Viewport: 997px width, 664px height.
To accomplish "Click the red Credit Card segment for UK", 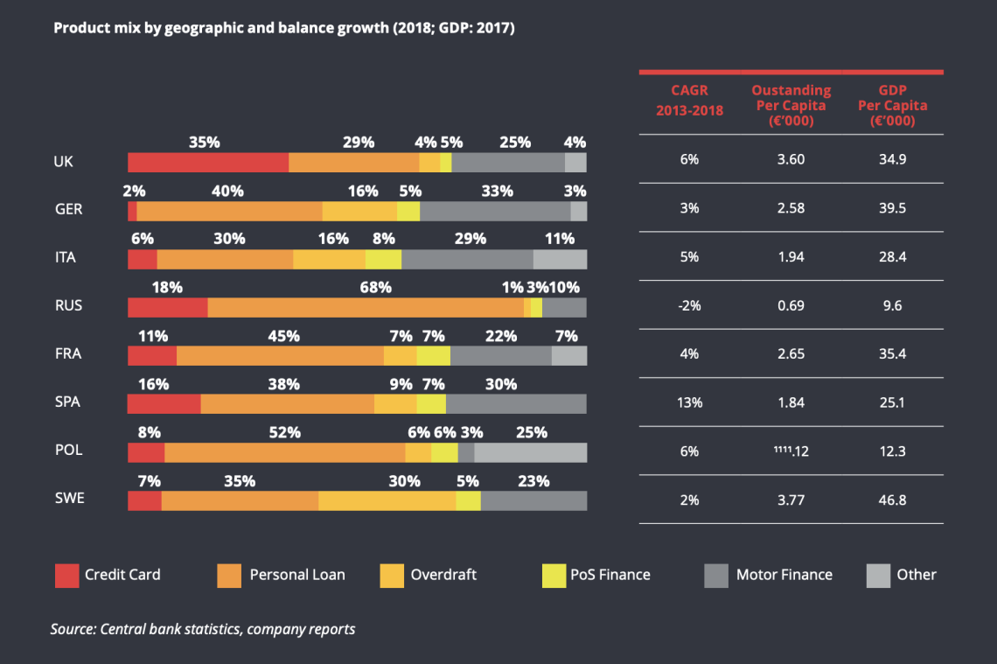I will point(208,162).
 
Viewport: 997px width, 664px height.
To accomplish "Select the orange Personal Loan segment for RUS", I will point(366,307).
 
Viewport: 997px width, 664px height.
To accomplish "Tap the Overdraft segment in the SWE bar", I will point(387,500).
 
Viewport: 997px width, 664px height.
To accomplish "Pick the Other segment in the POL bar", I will point(530,451).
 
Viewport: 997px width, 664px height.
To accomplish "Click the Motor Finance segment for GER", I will point(495,211).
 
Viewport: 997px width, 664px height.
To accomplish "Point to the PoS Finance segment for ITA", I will point(383,259).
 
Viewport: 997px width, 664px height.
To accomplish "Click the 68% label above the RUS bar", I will point(377,287).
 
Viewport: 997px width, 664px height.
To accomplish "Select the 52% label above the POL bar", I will point(286,432).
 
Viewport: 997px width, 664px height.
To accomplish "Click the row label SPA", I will point(66,403).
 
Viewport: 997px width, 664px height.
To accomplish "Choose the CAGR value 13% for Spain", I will point(689,403).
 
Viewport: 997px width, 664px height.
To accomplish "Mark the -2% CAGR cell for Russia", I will point(689,306).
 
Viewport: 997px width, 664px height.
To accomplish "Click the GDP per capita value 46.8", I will point(891,500).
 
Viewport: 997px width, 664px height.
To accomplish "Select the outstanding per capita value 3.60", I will point(791,160).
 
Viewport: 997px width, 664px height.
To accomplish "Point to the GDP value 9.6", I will point(891,306).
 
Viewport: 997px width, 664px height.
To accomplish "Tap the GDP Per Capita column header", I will point(891,105).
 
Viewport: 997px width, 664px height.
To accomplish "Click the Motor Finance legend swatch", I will point(716,575).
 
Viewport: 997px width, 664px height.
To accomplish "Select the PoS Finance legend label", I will point(610,575).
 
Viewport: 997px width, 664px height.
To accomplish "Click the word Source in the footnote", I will point(73,629).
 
